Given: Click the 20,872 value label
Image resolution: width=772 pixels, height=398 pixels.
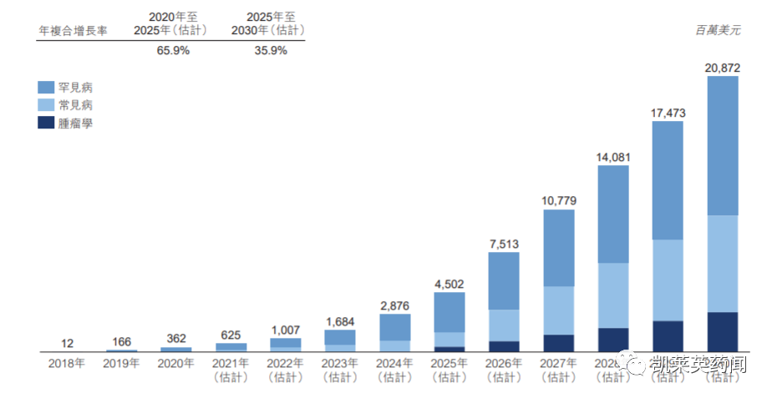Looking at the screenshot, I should (x=723, y=67).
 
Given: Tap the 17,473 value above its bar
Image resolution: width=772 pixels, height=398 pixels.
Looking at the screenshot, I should (x=668, y=112).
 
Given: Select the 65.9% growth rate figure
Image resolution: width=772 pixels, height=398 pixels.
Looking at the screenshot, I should (x=173, y=50).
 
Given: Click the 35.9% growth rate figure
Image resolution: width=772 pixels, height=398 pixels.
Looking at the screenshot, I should (x=271, y=50).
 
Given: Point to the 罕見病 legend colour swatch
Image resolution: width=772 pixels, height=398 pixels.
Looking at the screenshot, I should (x=46, y=87).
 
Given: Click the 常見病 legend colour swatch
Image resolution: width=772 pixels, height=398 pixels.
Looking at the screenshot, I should (x=46, y=105).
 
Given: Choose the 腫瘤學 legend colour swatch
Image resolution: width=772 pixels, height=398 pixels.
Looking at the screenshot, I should (x=46, y=123).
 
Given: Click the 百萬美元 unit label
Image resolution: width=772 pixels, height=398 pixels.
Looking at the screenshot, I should (x=717, y=30).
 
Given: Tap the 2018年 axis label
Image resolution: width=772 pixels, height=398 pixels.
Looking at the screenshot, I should (x=67, y=364).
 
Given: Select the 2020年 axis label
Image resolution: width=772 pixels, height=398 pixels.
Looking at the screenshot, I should (x=176, y=364).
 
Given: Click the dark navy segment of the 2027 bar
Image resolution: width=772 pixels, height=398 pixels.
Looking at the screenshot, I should (x=559, y=343).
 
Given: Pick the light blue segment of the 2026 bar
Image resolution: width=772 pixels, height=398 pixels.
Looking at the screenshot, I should (x=504, y=325).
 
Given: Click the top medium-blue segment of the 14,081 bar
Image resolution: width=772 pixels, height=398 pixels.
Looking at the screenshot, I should (x=613, y=214).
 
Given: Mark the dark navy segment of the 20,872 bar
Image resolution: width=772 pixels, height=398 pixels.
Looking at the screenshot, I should (x=723, y=331).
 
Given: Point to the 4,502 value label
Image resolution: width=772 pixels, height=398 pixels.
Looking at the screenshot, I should (x=449, y=283).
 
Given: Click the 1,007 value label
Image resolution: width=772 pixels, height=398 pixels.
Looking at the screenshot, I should (x=286, y=329).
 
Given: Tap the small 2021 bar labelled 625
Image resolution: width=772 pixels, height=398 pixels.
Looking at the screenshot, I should (x=231, y=346).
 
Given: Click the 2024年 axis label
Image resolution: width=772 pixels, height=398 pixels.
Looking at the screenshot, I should (x=394, y=364).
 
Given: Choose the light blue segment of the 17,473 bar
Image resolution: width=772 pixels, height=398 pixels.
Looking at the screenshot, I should (x=668, y=280).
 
